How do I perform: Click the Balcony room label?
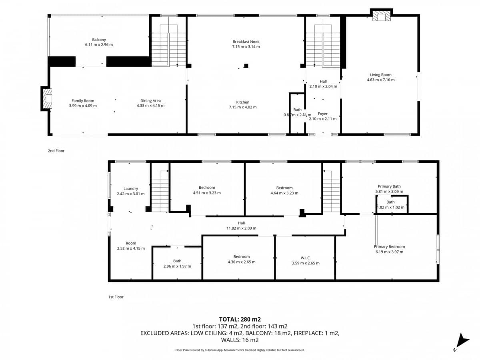(x=99, y=40)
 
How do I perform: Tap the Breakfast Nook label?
(x=246, y=42)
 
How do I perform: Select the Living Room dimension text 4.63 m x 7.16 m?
(x=380, y=80)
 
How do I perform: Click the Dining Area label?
(x=150, y=100)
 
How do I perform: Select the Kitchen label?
(x=242, y=102)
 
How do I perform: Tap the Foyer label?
(x=322, y=114)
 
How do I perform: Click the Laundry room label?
(x=131, y=188)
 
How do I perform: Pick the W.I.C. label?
(x=306, y=258)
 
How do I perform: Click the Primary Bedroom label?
(x=389, y=247)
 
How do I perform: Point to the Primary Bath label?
(x=389, y=186)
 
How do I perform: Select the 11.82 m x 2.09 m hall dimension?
(x=241, y=228)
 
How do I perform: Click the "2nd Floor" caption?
(x=56, y=151)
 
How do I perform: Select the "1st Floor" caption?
(x=116, y=297)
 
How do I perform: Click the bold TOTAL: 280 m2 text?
(x=240, y=319)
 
